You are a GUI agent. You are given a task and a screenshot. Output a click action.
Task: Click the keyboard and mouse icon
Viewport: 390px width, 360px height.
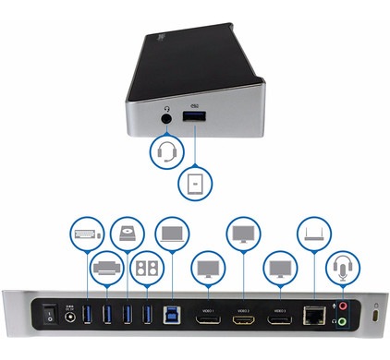pyautogui.click(x=83, y=234)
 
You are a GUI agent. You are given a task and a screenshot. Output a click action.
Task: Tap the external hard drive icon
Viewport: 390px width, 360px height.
pyautogui.click(x=126, y=234)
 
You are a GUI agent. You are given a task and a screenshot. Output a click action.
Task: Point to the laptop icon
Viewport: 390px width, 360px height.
pyautogui.click(x=172, y=232)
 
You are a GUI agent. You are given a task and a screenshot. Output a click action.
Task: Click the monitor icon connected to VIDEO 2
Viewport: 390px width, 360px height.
pyautogui.click(x=243, y=233)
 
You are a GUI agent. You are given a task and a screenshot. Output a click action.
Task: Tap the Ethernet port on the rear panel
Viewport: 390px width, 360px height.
pyautogui.click(x=313, y=316)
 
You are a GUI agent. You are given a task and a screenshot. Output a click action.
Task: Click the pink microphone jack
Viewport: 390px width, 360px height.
pyautogui.click(x=343, y=308)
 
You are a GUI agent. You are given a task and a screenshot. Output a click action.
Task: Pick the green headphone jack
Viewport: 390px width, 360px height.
pyautogui.click(x=343, y=323)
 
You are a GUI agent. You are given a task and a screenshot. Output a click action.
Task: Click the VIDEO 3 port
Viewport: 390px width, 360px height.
pyautogui.click(x=280, y=316)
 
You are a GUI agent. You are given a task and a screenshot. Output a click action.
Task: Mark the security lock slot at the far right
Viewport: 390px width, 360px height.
pyautogui.click(x=374, y=317)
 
